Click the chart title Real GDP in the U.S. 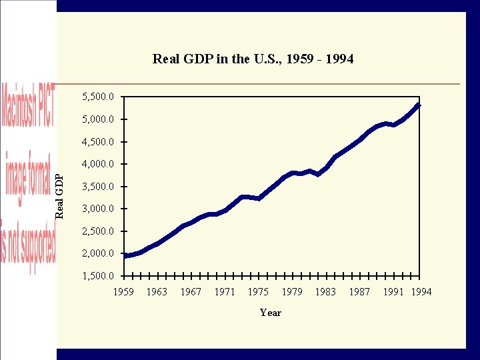(x=253, y=59)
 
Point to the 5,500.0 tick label (x=97, y=97)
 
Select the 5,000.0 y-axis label (x=97, y=119)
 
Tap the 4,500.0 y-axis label (x=97, y=142)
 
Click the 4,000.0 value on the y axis (x=97, y=164)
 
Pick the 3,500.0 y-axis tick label (x=97, y=187)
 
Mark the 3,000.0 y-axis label (x=97, y=209)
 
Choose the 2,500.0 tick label (x=97, y=231)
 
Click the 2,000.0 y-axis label (x=97, y=253)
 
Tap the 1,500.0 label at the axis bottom (x=97, y=276)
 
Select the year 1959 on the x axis (x=123, y=291)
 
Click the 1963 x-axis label (x=157, y=291)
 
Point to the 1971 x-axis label (x=225, y=291)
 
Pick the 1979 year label (x=292, y=291)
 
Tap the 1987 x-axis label (x=359, y=291)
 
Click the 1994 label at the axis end (x=421, y=291)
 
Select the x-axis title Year (x=271, y=313)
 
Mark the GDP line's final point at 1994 (x=419, y=105)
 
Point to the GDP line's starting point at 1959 (x=125, y=255)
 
